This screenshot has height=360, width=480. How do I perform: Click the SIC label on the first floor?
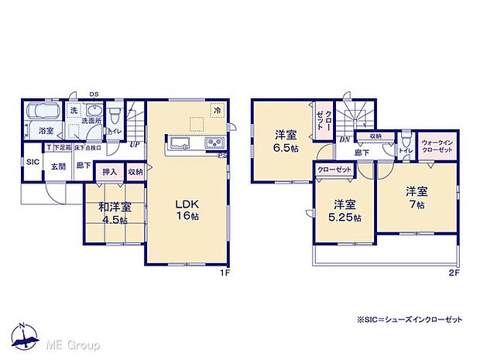pos(33,162)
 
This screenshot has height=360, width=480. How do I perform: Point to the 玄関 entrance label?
pos(59,166)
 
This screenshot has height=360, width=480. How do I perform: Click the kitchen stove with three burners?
pos(213,143)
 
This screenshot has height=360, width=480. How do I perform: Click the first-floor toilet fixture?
pos(115,116)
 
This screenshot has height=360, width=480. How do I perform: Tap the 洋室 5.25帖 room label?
pos(344,211)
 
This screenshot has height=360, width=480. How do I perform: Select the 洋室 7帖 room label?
pos(415,198)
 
